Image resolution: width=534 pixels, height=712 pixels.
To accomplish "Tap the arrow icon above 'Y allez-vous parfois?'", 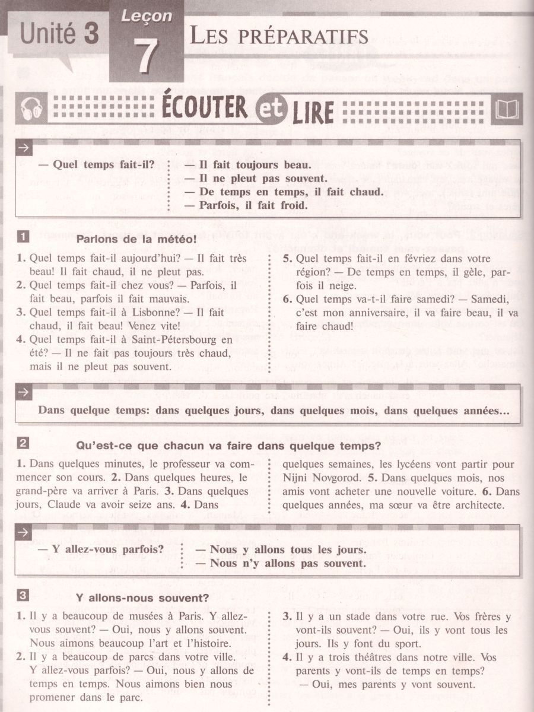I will pos(24,532).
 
